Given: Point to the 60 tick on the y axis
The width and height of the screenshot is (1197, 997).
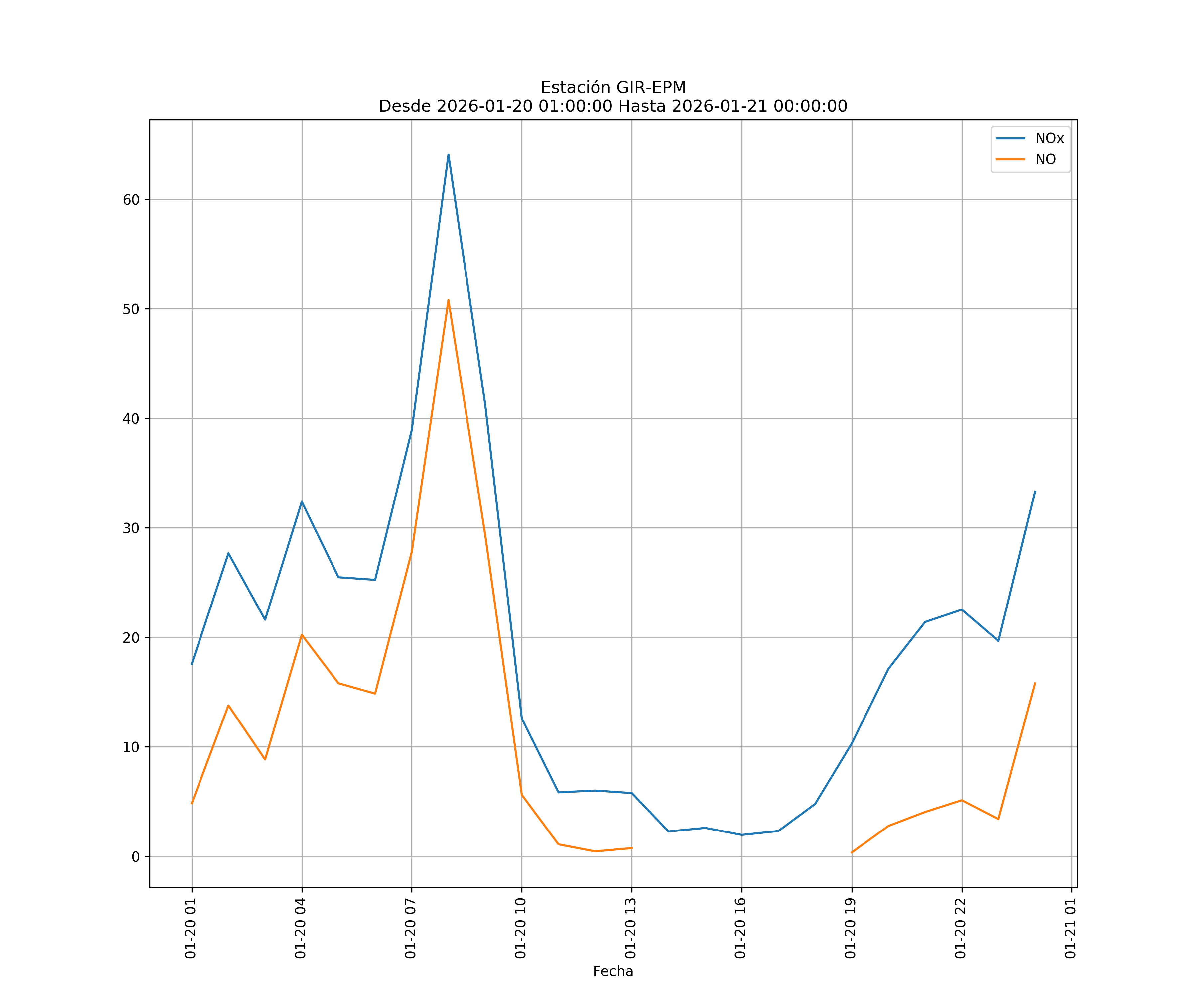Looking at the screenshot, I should tap(131, 200).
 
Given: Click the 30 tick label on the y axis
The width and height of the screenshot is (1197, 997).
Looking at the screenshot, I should tap(131, 528).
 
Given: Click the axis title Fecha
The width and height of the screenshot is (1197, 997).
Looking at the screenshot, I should tap(613, 971).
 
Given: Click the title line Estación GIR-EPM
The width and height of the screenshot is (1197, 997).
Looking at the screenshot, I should tap(613, 88).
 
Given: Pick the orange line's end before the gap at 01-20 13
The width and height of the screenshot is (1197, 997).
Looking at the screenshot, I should tap(631, 848).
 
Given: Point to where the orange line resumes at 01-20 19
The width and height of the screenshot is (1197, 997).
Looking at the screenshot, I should tap(852, 853).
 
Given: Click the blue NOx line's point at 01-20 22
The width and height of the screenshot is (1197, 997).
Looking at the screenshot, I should tap(962, 609).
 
